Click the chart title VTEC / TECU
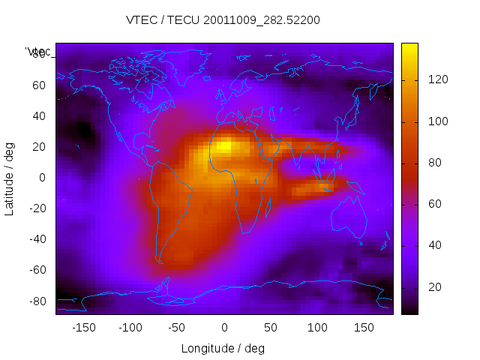click(223, 20)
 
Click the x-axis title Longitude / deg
click(223, 348)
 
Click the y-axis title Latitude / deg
click(10, 178)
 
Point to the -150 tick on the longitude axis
click(83, 328)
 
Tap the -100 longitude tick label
click(130, 328)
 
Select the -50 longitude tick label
click(177, 328)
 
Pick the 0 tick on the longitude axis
click(224, 328)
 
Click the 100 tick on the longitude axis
click(317, 328)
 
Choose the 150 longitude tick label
click(364, 328)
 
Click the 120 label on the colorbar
click(438, 80)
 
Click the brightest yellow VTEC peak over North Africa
click(223, 146)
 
